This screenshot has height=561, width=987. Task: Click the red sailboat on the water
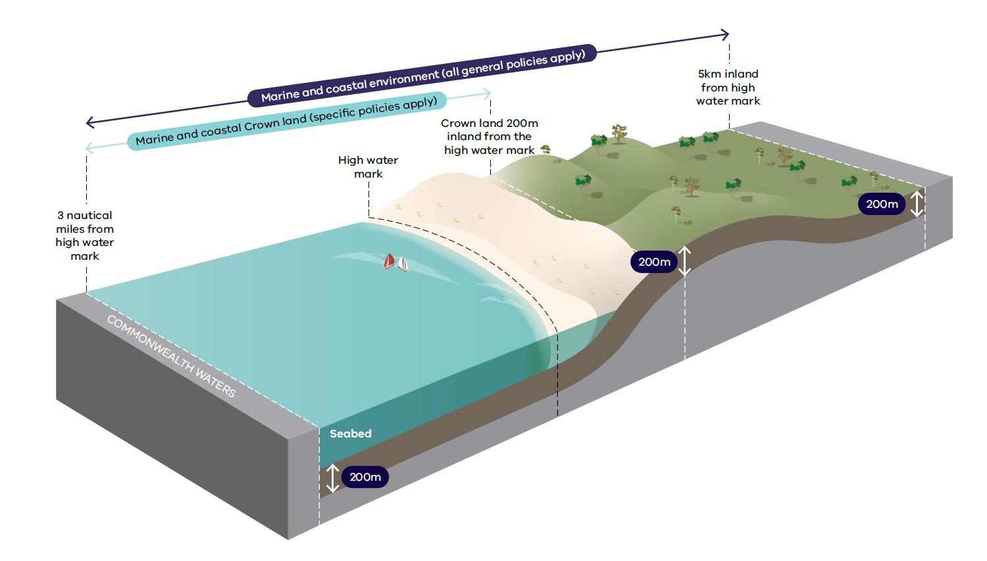390,261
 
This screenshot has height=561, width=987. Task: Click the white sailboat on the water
402,264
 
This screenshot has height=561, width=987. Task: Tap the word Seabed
350,433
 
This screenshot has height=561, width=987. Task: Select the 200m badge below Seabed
365,477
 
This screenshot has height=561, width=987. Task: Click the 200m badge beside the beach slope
654,262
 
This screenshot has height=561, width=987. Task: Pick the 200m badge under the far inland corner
882,204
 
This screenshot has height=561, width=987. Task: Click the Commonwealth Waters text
171,356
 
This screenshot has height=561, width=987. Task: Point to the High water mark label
368,167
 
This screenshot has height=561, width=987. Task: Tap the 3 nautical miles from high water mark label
85,235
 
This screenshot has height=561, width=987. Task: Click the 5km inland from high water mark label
728,87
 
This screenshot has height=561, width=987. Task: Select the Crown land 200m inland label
489,137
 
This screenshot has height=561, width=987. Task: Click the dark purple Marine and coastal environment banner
422,75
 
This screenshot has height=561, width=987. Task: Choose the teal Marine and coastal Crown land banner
286,121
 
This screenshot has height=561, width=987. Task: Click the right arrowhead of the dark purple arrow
725,34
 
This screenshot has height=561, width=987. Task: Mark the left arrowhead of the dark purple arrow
90,122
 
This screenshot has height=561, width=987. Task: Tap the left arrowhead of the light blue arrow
89,149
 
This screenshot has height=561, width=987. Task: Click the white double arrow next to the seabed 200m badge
333,478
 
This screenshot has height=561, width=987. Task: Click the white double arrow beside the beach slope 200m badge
685,261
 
